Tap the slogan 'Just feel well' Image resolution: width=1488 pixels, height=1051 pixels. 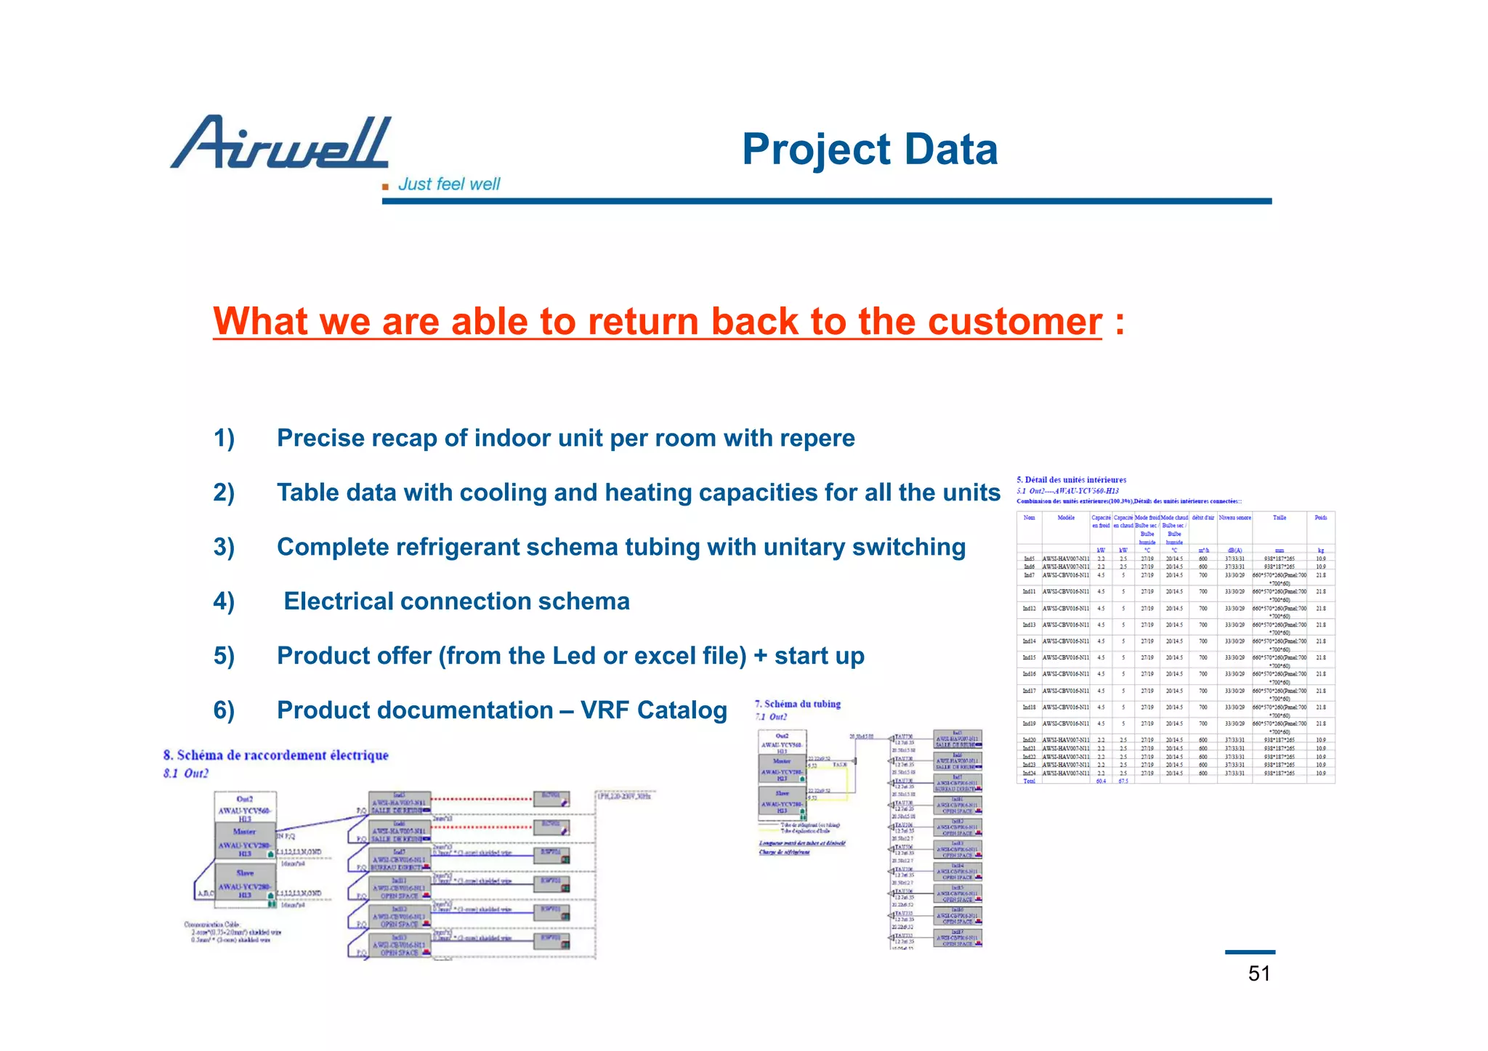448,184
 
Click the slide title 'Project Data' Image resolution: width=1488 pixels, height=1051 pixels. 869,150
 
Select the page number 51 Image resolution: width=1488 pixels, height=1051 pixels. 1258,973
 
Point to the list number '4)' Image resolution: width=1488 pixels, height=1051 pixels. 224,601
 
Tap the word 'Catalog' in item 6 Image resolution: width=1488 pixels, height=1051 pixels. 682,710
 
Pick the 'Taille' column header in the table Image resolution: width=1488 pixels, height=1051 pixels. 1279,518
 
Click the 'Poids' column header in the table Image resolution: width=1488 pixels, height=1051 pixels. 1320,518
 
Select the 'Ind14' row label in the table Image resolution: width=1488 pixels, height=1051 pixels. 1029,641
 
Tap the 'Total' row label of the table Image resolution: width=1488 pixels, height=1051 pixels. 1029,781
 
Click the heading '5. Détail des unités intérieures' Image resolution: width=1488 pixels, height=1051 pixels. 1071,479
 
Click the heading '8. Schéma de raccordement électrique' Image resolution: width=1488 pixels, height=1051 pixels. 276,755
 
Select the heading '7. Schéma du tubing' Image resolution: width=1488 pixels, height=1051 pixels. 797,704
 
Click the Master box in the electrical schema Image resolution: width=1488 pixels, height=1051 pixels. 245,840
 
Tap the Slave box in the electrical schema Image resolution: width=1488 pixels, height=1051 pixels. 245,880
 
